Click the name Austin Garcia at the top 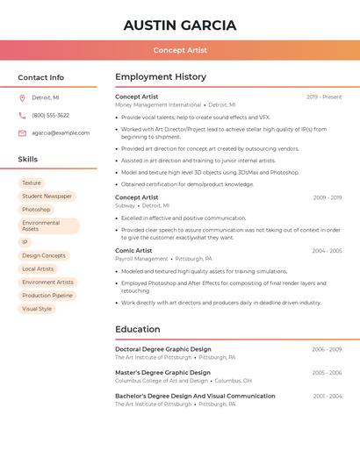180,25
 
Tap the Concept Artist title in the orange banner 180,50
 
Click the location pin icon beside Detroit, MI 22,97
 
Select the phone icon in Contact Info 22,115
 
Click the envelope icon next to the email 22,133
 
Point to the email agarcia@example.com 61,133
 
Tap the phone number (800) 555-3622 50,115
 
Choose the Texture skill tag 32,183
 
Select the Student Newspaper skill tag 47,197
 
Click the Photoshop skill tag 36,210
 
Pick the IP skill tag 25,242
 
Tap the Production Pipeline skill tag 47,296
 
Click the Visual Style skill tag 37,309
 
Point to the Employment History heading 161,77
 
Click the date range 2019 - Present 324,97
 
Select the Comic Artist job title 133,251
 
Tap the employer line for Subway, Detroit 142,205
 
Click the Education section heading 138,330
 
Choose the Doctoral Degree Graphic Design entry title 163,349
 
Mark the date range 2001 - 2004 327,397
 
